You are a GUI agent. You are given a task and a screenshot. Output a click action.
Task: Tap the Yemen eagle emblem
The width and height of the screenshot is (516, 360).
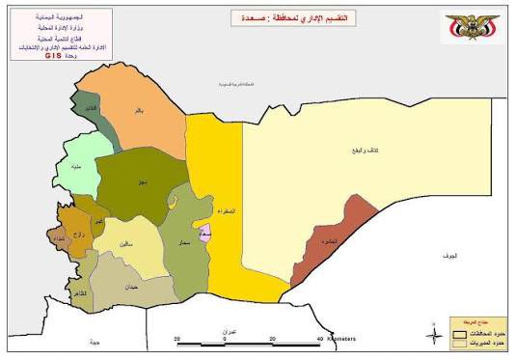point(473,28)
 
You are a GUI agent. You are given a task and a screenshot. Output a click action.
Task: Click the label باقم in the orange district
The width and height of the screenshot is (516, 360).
point(138,111)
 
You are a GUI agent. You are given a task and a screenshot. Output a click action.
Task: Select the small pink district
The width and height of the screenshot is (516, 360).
point(205,234)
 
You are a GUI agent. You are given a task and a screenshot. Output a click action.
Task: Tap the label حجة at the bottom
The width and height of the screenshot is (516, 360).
point(94,342)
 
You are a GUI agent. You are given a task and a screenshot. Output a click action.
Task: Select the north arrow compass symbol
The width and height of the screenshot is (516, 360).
point(434,335)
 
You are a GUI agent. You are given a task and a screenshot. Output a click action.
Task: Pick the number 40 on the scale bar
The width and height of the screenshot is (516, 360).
point(319,339)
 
